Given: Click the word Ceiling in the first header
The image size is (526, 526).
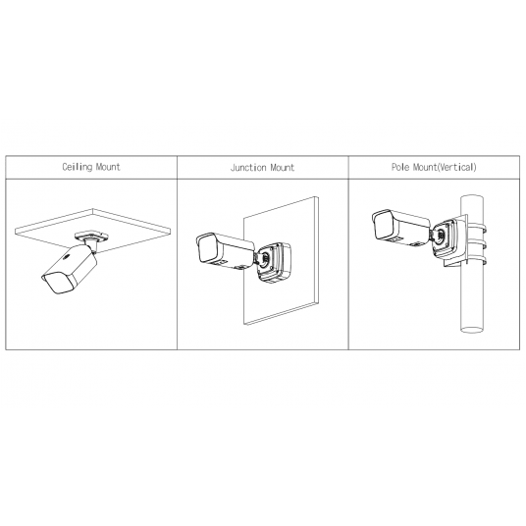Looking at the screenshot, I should point(76,168).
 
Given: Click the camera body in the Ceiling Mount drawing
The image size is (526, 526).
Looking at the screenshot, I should point(73,271).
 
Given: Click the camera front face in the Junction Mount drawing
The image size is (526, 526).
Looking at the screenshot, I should point(205,249).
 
